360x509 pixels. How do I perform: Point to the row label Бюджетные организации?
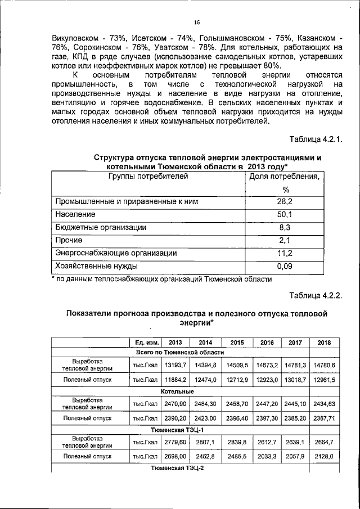(x=101, y=228)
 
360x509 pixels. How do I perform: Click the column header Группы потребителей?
(x=148, y=177)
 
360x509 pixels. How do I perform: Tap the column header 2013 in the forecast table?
(x=175, y=343)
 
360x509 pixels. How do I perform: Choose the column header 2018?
(x=325, y=343)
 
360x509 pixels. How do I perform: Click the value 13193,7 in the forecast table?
(x=175, y=365)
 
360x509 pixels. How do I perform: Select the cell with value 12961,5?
(x=325, y=380)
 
